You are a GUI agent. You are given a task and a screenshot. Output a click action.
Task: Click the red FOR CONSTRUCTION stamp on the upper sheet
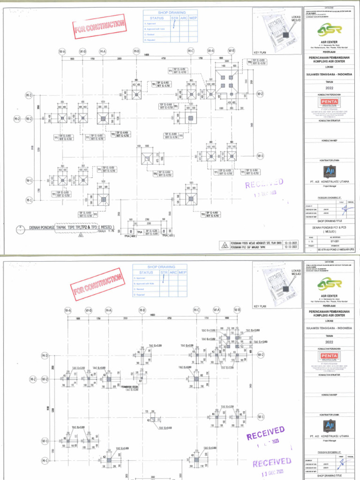pyautogui.click(x=100, y=26)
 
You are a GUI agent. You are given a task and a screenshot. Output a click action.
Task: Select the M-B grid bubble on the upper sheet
pyautogui.click(x=136, y=51)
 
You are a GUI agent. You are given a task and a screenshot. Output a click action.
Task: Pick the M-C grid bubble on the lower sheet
pyautogui.click(x=196, y=310)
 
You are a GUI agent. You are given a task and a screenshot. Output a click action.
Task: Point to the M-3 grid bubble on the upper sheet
pyautogui.click(x=29, y=95)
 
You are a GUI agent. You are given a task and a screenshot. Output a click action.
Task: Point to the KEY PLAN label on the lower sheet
pyautogui.click(x=260, y=306)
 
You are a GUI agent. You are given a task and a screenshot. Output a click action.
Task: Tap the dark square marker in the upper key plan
pyautogui.click(x=284, y=35)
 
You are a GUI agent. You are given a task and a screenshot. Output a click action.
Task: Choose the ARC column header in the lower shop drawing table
pyautogui.click(x=173, y=272)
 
